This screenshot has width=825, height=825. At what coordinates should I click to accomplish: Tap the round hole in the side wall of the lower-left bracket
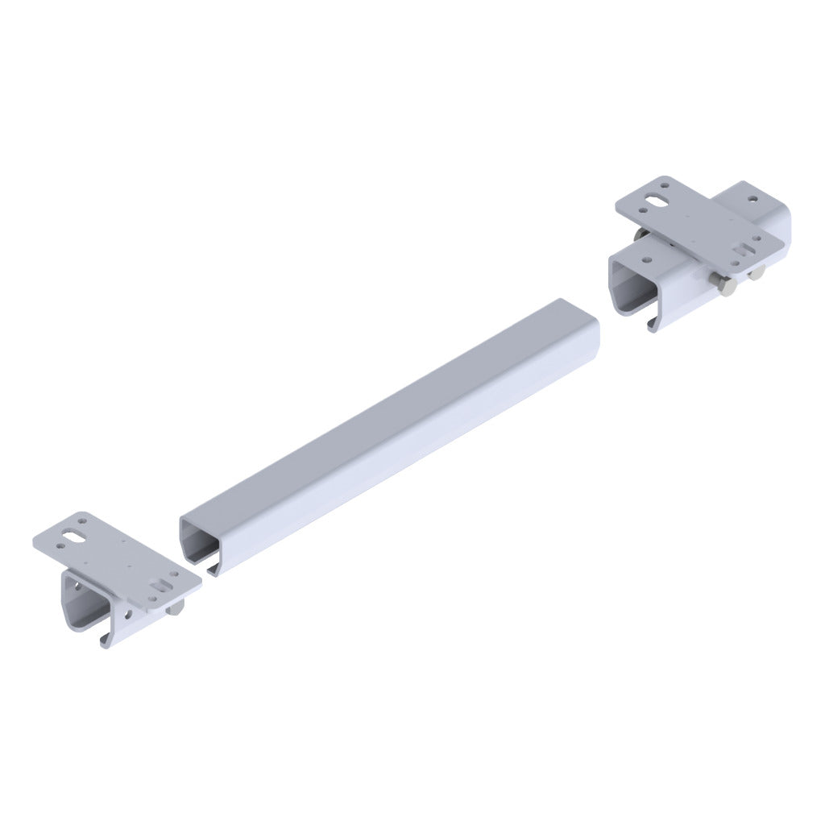tap(131, 616)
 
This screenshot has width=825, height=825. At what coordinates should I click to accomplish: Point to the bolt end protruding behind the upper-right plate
tap(638, 234)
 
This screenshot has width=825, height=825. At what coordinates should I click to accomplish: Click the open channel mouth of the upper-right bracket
tap(636, 294)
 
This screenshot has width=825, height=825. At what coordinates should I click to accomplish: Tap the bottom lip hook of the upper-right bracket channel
tap(651, 327)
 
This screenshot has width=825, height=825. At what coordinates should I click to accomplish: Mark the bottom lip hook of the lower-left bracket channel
tap(106, 641)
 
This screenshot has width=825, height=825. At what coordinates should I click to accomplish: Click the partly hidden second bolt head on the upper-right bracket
tap(757, 275)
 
